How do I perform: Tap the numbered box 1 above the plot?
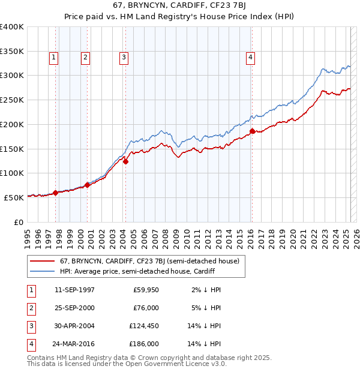pyautogui.click(x=53, y=58)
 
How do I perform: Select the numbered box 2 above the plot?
pyautogui.click(x=85, y=58)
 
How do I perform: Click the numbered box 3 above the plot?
pyautogui.click(x=124, y=58)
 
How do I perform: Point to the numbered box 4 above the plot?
pyautogui.click(x=250, y=58)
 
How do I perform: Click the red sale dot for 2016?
pyautogui.click(x=253, y=131)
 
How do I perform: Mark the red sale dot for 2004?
pyautogui.click(x=126, y=161)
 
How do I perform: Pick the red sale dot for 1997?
pyautogui.click(x=56, y=193)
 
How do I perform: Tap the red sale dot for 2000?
pyautogui.click(x=88, y=185)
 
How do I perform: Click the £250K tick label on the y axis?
pyautogui.click(x=12, y=100)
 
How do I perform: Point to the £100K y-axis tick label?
pyautogui.click(x=12, y=173)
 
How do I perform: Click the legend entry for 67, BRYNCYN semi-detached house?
pyautogui.click(x=149, y=261)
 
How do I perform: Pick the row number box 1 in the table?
pyautogui.click(x=30, y=290)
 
